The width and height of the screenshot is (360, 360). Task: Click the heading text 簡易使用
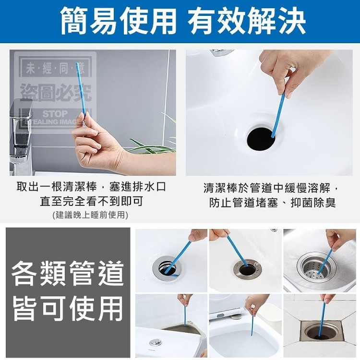click(119, 21)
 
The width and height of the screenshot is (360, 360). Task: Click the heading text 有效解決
click(247, 21)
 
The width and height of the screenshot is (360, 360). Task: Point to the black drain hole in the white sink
click(261, 139)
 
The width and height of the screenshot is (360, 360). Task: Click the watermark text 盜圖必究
click(56, 93)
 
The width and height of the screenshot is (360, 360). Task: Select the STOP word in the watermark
click(55, 114)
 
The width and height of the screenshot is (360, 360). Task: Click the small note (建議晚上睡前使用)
click(90, 215)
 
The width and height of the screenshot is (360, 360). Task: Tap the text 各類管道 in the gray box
click(68, 273)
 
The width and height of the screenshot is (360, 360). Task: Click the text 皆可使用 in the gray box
click(68, 308)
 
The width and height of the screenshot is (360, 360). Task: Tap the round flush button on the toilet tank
click(155, 343)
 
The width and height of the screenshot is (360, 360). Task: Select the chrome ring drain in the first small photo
click(167, 267)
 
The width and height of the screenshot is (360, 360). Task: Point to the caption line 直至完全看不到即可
click(91, 201)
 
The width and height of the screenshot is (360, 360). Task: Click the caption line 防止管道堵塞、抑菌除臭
click(272, 203)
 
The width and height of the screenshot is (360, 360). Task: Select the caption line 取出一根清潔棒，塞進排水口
click(91, 187)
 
